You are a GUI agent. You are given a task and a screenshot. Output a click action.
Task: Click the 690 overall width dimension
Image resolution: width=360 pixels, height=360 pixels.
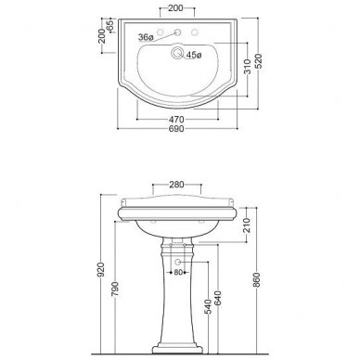(176, 129)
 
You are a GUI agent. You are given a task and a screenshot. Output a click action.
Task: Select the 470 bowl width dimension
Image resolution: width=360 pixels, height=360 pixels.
(176, 119)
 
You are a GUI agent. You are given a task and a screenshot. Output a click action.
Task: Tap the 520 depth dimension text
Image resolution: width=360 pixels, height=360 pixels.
(258, 61)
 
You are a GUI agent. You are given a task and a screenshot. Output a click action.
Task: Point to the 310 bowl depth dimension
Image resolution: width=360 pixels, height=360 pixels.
(248, 67)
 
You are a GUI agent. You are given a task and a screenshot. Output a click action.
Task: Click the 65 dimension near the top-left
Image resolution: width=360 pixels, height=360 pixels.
(110, 26)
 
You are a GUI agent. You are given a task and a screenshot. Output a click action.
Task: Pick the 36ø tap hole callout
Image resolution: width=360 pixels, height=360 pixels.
(146, 37)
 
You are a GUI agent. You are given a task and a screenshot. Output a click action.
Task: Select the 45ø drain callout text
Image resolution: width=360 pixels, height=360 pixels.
(194, 56)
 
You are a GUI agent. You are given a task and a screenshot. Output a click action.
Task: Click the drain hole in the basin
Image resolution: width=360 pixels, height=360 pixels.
(177, 53)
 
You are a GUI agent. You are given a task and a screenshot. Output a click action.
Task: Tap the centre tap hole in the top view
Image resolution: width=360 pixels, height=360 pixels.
(178, 32)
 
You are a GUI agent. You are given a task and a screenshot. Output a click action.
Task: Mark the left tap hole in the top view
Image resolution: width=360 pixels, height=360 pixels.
(161, 32)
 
